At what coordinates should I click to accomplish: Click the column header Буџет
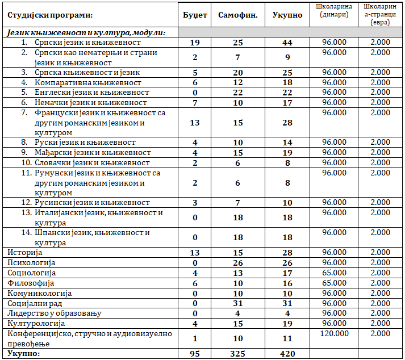pyautogui.click(x=195, y=15)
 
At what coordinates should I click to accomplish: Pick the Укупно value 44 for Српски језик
pyautogui.click(x=288, y=43)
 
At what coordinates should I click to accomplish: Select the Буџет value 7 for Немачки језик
pyautogui.click(x=195, y=103)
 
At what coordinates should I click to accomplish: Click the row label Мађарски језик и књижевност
pyautogui.click(x=86, y=152)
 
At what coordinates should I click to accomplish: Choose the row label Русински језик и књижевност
pyautogui.click(x=85, y=202)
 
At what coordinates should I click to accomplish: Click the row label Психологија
pyautogui.click(x=31, y=263)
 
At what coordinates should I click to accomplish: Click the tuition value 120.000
pyautogui.click(x=334, y=333)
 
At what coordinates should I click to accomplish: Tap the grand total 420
pyautogui.click(x=288, y=354)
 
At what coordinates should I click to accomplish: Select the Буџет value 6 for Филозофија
pyautogui.click(x=195, y=283)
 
